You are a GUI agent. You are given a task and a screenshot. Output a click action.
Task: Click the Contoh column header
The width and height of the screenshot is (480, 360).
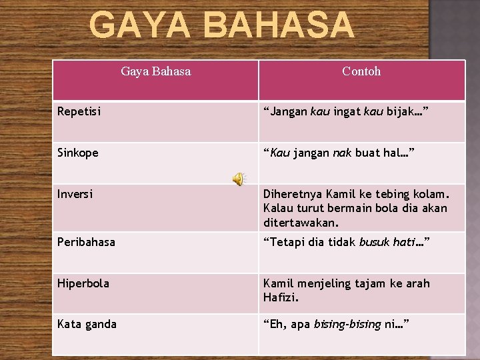point(361,71)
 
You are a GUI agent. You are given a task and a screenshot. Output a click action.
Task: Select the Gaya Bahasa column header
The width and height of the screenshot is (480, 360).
point(156,71)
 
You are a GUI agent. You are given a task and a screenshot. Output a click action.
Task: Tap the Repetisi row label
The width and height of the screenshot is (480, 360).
point(79,111)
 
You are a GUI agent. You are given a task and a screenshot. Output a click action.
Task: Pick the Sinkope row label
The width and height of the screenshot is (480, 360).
point(78,153)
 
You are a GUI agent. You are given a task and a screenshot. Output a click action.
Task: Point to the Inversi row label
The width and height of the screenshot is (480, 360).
point(75,194)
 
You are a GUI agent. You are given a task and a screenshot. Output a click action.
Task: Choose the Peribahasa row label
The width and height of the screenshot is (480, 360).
point(86,242)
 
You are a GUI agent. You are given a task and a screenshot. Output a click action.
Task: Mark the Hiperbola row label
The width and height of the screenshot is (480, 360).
point(83,283)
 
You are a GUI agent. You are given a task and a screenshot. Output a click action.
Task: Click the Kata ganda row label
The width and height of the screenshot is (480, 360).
point(87,324)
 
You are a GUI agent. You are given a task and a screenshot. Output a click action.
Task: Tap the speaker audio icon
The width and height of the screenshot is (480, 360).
point(238,179)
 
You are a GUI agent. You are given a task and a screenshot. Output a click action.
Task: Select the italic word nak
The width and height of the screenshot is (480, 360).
point(341,153)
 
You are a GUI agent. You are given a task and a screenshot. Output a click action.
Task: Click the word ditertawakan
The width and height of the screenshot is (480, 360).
point(301,222)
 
